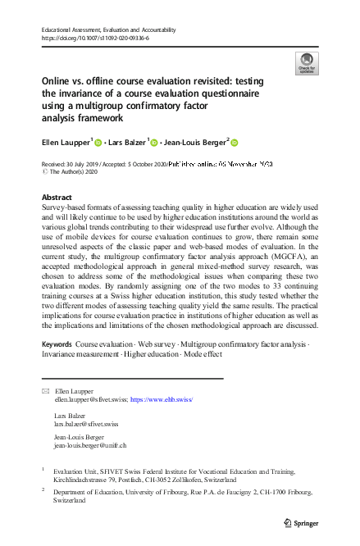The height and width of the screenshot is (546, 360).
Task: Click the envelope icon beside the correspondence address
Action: pos(45,393)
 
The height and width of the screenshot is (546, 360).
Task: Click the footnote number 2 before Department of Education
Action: pos(43,489)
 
